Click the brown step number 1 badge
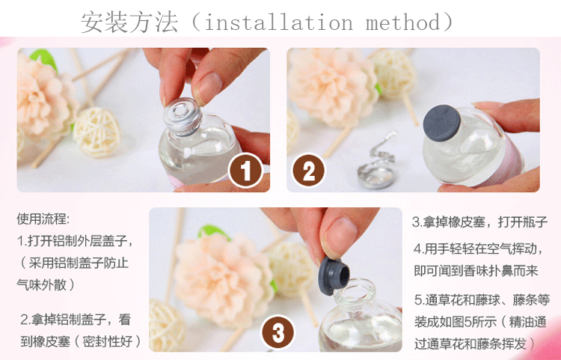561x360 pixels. [x=246, y=171]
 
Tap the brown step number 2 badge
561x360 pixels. [x=308, y=171]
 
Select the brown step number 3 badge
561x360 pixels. [x=278, y=332]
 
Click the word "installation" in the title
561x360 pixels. [x=279, y=22]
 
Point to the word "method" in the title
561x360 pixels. [x=403, y=22]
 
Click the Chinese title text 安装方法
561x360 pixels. [x=129, y=22]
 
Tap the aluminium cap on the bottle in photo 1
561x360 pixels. [x=183, y=116]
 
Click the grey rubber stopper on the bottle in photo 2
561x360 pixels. [x=441, y=123]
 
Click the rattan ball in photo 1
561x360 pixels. [x=97, y=132]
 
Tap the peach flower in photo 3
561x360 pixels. [x=224, y=279]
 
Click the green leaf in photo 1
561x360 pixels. [x=44, y=58]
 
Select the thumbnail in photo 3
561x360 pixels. [x=339, y=237]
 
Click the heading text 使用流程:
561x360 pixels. [x=43, y=219]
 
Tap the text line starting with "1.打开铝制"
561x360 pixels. [x=76, y=241]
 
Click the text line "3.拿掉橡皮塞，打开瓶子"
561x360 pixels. [x=479, y=222]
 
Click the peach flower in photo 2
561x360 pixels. [x=332, y=87]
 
